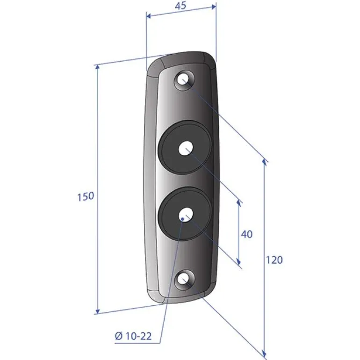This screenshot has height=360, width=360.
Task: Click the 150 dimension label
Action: click(86, 196)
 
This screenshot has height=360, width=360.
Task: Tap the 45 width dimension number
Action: click(180, 6)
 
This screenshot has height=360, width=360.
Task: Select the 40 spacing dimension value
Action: click(247, 234)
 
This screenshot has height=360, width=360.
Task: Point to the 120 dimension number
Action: click(274, 260)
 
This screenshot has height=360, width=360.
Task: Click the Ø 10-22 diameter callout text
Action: click(133, 336)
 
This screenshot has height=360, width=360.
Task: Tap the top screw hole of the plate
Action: click(185, 80)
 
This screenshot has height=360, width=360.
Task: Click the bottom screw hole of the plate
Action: click(185, 280)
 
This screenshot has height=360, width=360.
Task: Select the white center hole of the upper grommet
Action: click(186, 148)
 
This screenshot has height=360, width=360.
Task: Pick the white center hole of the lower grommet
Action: click(186, 215)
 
